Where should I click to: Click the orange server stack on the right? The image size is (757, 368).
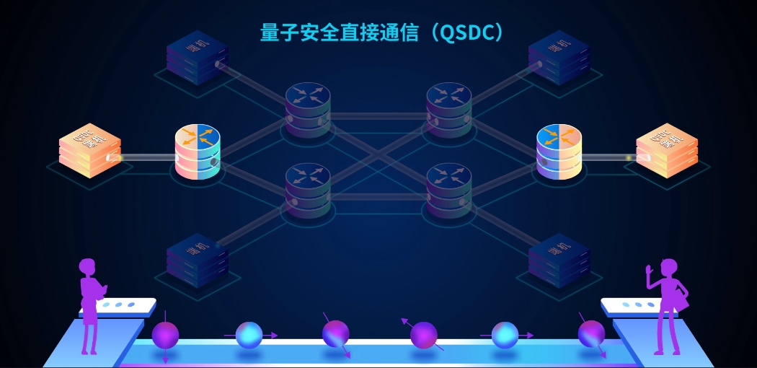coord(666,150)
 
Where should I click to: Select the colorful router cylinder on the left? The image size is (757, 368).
coord(197,152)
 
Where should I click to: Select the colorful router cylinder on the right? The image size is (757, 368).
coord(559,152)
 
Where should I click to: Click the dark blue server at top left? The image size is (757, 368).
coord(197,57)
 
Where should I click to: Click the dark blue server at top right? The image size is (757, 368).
coord(559,57)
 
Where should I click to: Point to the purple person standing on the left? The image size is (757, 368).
coord(89,303)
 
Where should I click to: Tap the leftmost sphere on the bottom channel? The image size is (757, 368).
coord(165,335)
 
